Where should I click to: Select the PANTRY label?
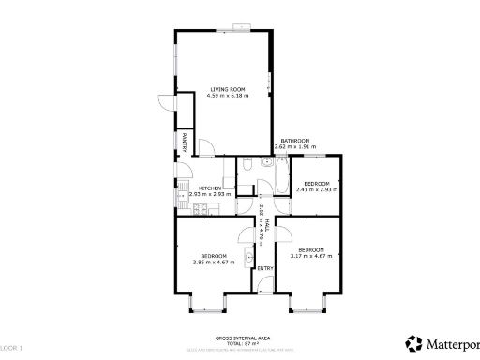coord(186,142)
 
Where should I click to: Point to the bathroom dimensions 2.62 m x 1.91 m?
coord(294,148)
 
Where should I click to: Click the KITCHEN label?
coord(210,188)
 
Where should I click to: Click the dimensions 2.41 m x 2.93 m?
coord(316,189)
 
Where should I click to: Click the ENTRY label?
coord(265,270)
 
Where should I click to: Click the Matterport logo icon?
coord(412,341)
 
